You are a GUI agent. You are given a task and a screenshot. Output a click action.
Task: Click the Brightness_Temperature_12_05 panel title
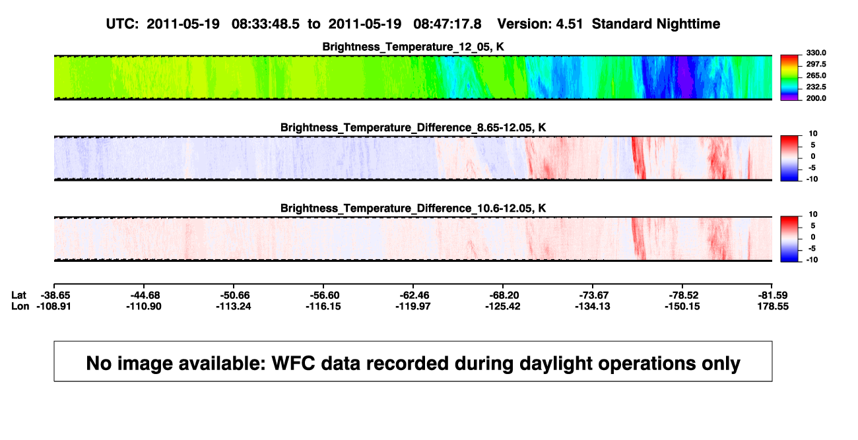click(x=413, y=47)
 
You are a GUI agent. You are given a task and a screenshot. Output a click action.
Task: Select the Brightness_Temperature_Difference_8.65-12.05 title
click(x=413, y=127)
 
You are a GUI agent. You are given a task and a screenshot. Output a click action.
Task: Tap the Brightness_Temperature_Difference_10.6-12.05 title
click(x=413, y=208)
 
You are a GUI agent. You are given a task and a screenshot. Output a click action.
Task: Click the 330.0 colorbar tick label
click(x=816, y=53)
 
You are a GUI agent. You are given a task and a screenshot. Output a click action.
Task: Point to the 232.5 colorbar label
click(x=816, y=87)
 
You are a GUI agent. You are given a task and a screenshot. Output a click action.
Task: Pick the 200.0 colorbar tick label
click(x=816, y=98)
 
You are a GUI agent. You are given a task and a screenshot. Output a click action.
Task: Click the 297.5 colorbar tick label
click(x=816, y=65)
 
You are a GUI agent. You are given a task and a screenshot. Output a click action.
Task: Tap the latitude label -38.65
click(x=55, y=296)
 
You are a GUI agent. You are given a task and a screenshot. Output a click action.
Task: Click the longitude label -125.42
click(x=502, y=306)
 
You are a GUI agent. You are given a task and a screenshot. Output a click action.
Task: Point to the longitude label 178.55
click(x=773, y=306)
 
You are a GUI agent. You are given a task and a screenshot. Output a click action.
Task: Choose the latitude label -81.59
click(x=774, y=296)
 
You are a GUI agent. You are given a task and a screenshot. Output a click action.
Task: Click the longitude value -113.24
click(x=233, y=306)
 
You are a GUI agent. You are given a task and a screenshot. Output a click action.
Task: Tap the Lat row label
click(x=18, y=296)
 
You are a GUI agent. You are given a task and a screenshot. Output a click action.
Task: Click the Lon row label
click(x=20, y=306)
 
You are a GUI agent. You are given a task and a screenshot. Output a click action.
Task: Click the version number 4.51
click(x=569, y=24)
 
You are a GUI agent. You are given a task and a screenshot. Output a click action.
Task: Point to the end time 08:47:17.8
click(x=447, y=24)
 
